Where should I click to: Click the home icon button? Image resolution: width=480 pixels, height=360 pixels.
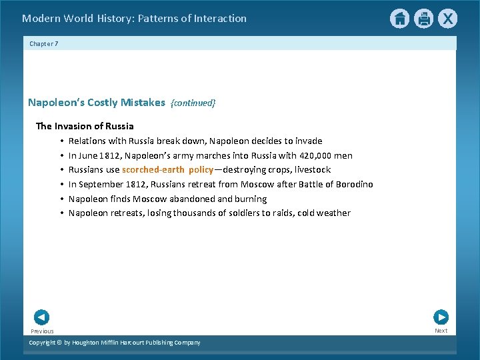point(399,19)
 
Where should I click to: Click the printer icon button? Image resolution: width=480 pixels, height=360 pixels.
point(423,19)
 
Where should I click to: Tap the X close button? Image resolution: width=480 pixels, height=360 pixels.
point(447,19)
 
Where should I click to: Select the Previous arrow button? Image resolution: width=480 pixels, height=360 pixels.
point(41,317)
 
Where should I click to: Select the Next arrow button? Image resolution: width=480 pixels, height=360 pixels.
point(441,317)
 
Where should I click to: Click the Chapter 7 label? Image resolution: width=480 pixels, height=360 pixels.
point(44,43)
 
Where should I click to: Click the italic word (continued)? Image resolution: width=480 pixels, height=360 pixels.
point(193,103)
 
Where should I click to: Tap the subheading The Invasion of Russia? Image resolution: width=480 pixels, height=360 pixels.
point(85,126)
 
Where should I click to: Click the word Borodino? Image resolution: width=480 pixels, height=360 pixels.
point(354,184)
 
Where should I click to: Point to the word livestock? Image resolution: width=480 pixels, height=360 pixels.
point(310,170)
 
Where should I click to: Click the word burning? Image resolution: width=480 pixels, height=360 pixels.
point(251,199)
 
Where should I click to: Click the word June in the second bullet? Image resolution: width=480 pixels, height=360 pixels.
point(89,155)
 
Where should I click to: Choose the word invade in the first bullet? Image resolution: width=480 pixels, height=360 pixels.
point(308,141)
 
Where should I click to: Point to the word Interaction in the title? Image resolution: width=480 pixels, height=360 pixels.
point(218,19)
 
